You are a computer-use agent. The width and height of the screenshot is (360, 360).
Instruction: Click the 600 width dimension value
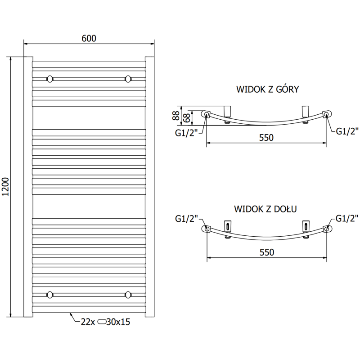pyautogui.click(x=89, y=38)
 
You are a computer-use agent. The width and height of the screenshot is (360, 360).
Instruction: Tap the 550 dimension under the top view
pyautogui.click(x=266, y=138)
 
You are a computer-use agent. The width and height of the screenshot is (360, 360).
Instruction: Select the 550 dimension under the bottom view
pyautogui.click(x=266, y=252)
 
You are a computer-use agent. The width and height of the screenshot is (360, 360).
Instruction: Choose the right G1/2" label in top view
pyautogui.click(x=347, y=131)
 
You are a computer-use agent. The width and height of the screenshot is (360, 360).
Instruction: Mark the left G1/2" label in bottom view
pyautogui.click(x=186, y=219)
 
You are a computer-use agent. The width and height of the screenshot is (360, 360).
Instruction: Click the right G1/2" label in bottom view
pyautogui.click(x=346, y=219)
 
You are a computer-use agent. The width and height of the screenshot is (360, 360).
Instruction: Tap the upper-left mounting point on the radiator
pyautogui.click(x=49, y=79)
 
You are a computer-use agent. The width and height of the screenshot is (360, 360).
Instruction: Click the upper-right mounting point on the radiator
pyautogui.click(x=129, y=79)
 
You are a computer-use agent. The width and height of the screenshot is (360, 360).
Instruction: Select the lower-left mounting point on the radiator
pyautogui.click(x=49, y=295)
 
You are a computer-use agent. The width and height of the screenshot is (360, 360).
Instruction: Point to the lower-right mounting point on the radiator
pyautogui.click(x=129, y=295)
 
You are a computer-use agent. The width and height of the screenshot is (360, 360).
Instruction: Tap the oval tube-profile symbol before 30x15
pyautogui.click(x=102, y=322)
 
